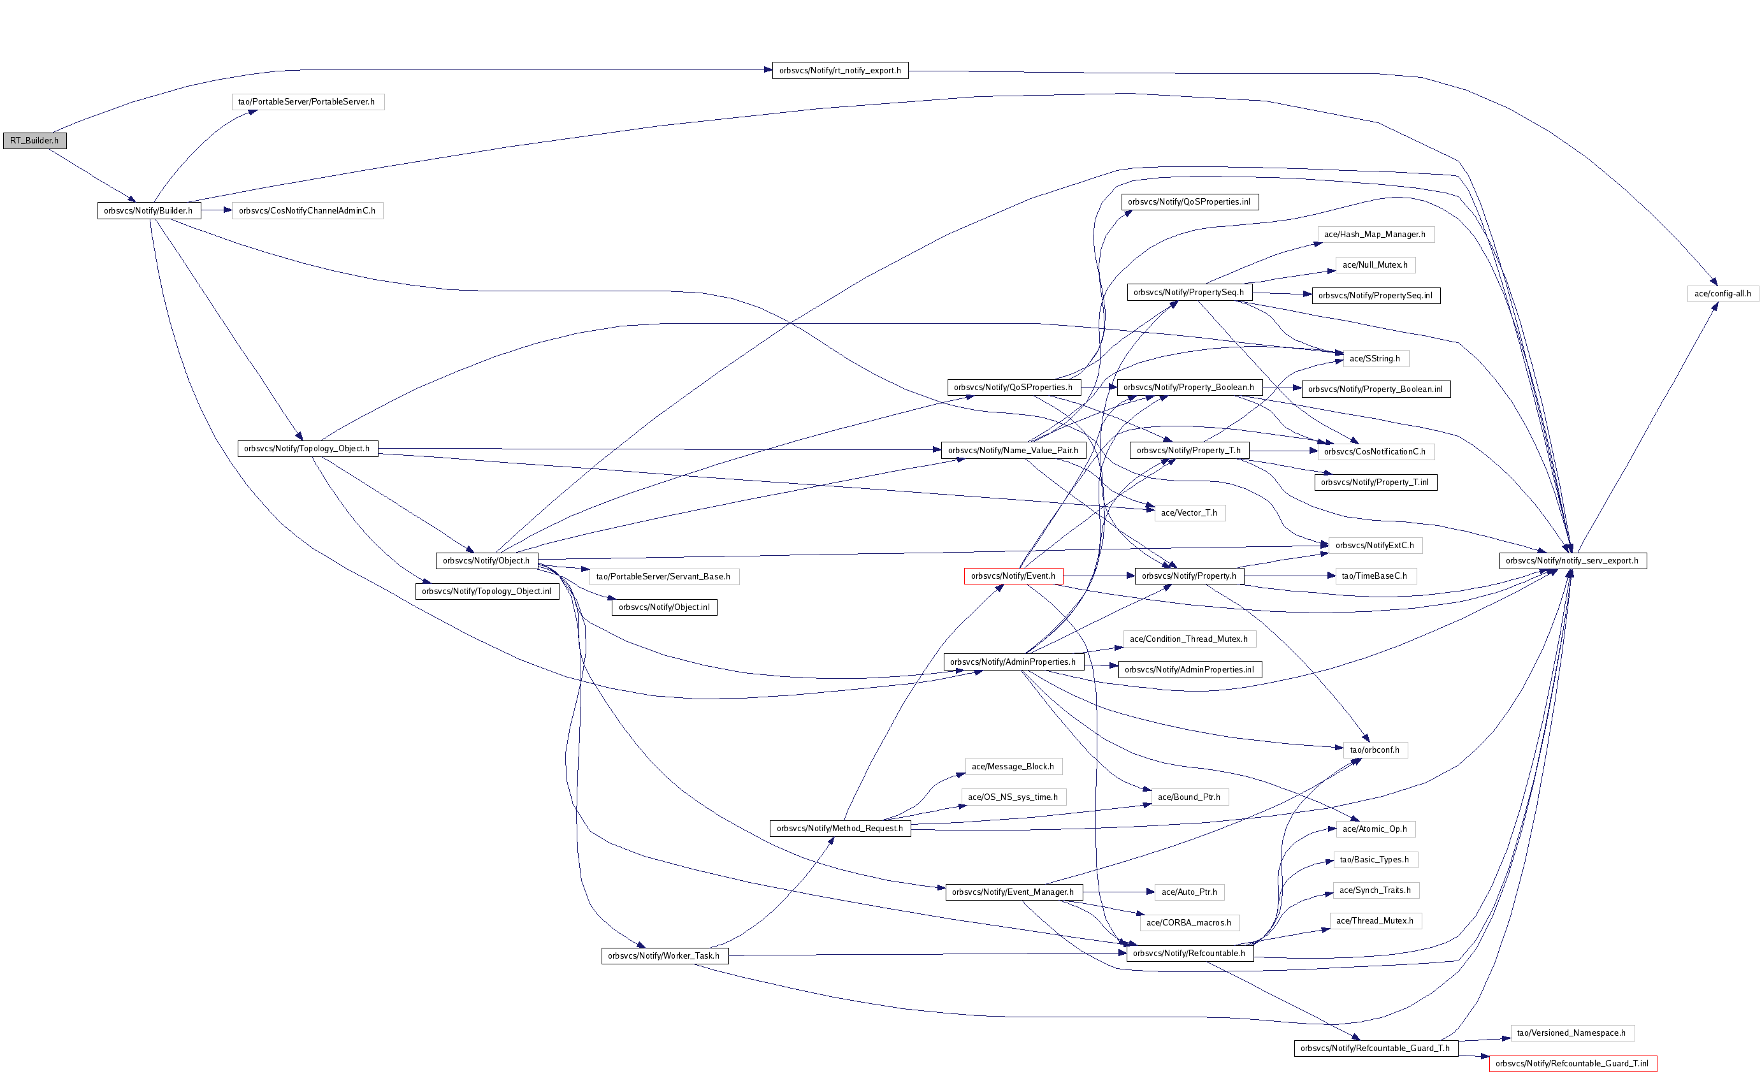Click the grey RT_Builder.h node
[x=34, y=141]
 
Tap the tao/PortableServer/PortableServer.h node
[x=308, y=102]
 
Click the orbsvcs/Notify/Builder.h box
[x=148, y=211]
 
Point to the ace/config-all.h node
[x=1722, y=294]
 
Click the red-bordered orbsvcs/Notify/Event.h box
[x=1013, y=576]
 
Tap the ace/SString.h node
[x=1375, y=359]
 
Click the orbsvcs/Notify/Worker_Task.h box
[x=664, y=956]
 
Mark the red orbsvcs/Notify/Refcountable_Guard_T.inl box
[x=1572, y=1064]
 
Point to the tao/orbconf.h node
[x=1375, y=750]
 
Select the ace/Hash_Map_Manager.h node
[x=1375, y=235]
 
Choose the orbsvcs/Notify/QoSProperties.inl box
[x=1189, y=202]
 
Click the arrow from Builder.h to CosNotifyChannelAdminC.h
[x=216, y=211]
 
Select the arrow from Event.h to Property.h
[x=1099, y=576]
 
